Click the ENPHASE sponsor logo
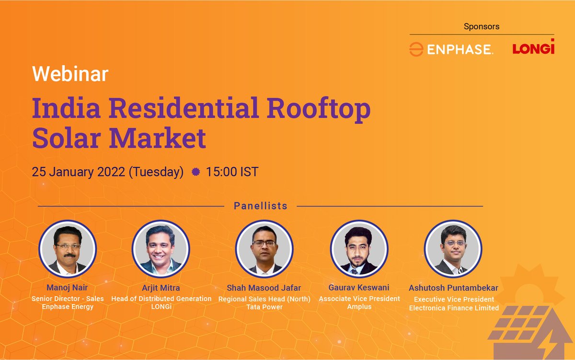click(x=451, y=49)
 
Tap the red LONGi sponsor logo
click(x=533, y=47)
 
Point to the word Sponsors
click(x=482, y=26)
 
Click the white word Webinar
click(x=70, y=74)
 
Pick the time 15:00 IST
click(x=232, y=172)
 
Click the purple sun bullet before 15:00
click(x=195, y=172)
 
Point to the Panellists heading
click(x=261, y=206)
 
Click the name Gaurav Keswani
click(x=359, y=288)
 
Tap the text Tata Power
click(x=264, y=307)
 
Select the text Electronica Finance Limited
click(x=454, y=308)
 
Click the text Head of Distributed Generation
click(x=161, y=298)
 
